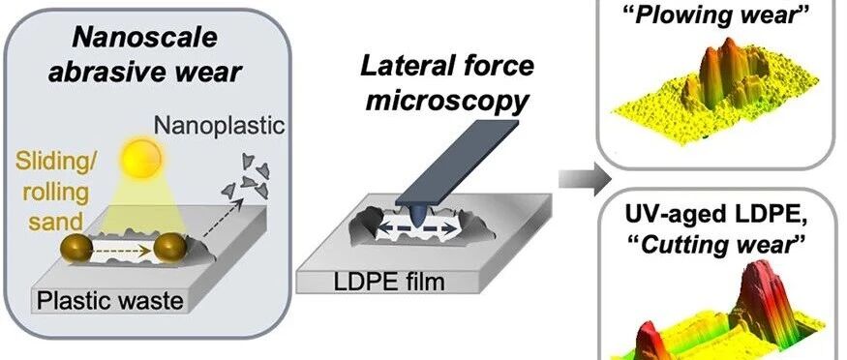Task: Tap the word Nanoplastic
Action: (220, 125)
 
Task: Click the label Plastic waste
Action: (109, 300)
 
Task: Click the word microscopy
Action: (446, 100)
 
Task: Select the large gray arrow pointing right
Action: (584, 179)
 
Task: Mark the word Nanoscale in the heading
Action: (144, 38)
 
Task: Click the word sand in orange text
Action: (56, 221)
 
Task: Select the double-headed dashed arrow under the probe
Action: (416, 228)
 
